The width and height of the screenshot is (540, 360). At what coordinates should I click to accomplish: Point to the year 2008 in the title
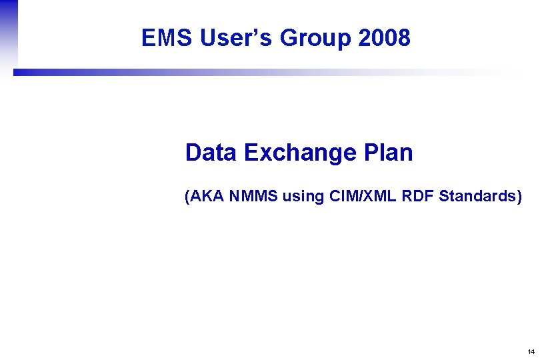coord(384,39)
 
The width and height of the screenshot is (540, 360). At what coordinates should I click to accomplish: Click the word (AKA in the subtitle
coord(204,196)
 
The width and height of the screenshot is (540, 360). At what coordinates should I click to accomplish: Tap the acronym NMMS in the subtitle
coord(253,196)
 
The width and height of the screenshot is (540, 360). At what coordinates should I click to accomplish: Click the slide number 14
coord(530,351)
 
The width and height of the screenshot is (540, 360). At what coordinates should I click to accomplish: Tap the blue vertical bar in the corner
coord(8,33)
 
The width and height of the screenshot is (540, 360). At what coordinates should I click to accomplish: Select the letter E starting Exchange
coord(251,153)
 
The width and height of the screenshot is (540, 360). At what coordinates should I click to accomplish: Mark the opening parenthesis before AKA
coord(187,196)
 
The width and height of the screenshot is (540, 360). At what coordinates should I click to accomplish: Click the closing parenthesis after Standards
coord(519,196)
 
